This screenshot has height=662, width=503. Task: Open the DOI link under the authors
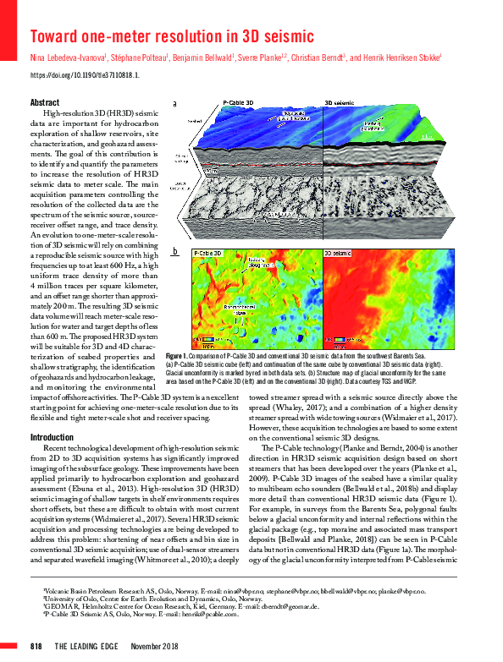(x=84, y=75)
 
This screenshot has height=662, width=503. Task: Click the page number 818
(x=36, y=646)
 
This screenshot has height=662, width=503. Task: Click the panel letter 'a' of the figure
(x=174, y=104)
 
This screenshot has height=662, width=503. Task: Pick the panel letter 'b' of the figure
(x=174, y=251)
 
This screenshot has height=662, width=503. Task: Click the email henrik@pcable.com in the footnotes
(x=212, y=615)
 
